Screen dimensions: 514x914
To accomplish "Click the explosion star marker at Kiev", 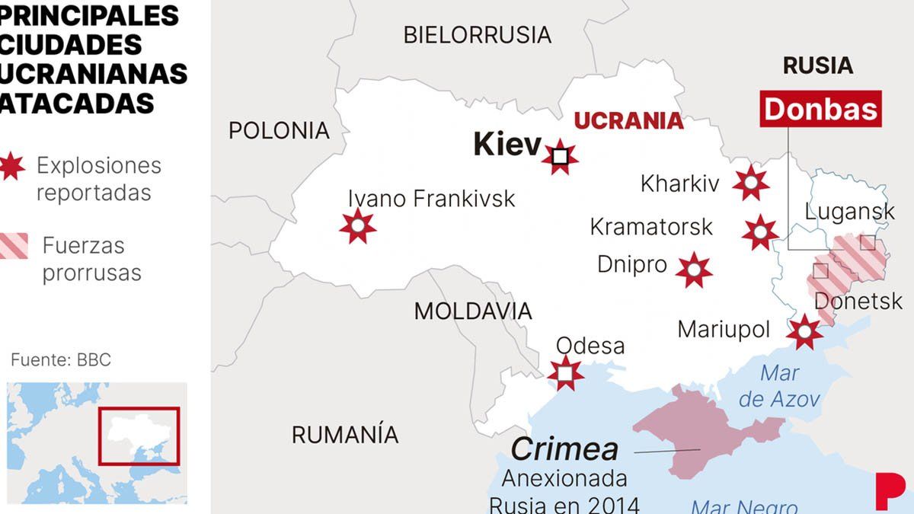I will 561,158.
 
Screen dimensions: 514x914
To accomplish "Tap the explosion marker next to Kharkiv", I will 751,182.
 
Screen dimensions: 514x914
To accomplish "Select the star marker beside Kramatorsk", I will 760,232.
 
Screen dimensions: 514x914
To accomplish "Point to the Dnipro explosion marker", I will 694,270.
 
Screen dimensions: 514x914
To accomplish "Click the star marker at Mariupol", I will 804,332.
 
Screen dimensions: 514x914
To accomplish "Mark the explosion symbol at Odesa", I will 565,373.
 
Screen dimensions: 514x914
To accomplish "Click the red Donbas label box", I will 821,110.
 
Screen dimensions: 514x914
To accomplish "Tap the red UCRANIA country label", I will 628,121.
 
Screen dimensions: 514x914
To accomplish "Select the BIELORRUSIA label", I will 477,35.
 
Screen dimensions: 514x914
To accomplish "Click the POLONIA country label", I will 279,130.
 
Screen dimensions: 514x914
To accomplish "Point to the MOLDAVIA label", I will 472,311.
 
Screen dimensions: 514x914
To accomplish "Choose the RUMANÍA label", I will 345,435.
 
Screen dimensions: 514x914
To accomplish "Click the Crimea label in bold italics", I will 564,449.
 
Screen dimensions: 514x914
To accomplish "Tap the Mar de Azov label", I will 779,386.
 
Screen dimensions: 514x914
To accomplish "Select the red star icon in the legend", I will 11,165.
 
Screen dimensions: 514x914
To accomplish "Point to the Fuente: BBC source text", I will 61,359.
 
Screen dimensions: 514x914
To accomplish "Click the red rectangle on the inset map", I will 139,436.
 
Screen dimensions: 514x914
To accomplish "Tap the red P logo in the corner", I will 888,491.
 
